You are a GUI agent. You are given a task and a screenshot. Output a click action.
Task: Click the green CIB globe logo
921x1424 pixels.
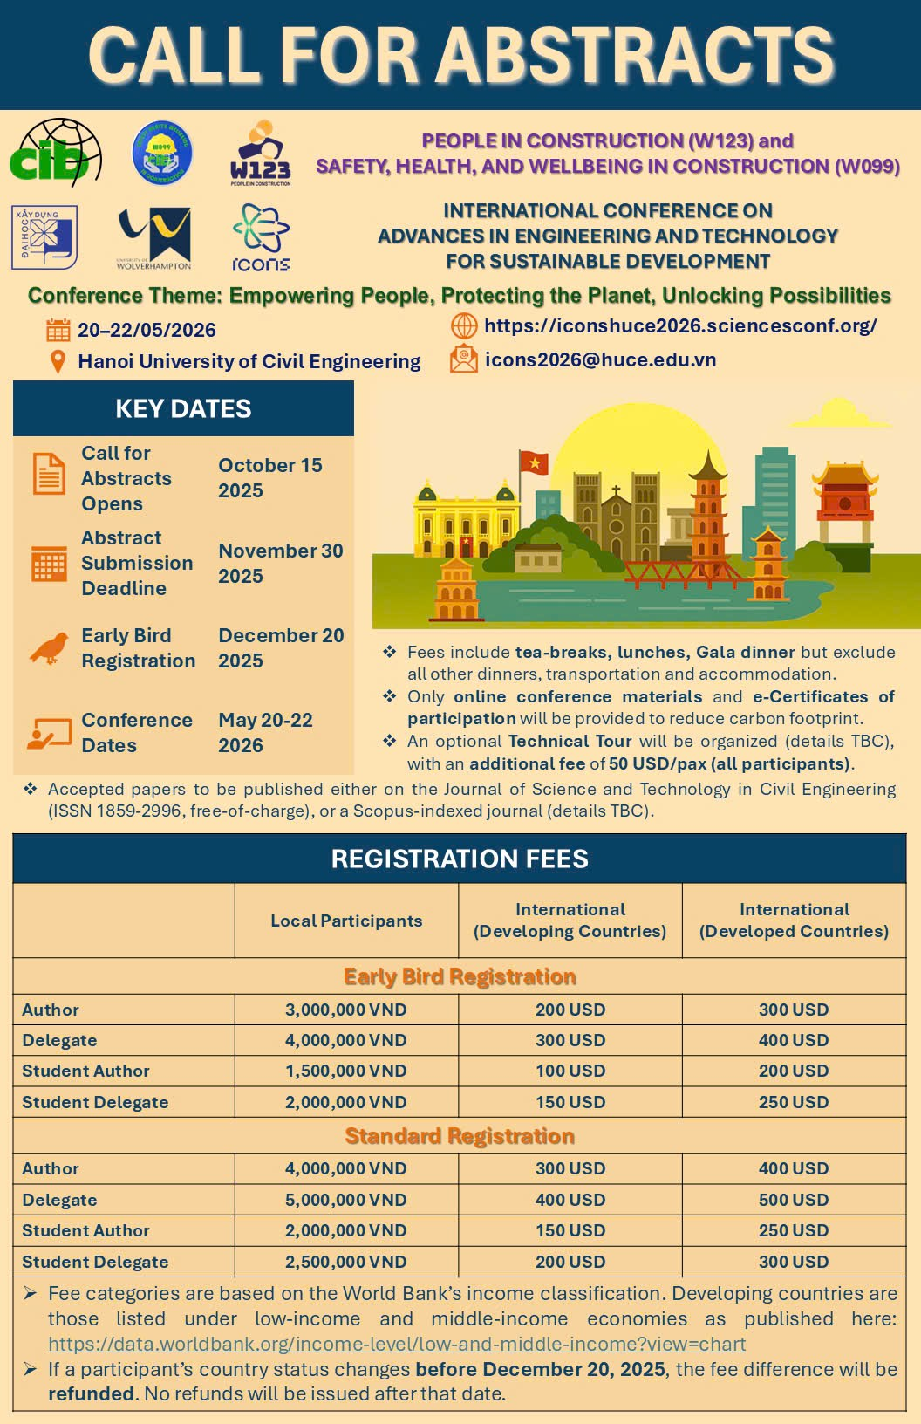(x=55, y=154)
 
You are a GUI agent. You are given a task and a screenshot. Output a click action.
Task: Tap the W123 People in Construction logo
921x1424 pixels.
(x=260, y=154)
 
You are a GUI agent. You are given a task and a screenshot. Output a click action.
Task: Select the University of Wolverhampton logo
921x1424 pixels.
(x=154, y=237)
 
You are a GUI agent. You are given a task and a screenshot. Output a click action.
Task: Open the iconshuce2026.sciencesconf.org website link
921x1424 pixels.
(x=680, y=326)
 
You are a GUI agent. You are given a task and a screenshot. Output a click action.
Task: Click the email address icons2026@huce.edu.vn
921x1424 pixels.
(x=600, y=359)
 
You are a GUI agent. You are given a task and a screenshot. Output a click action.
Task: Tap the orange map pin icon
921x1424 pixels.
(x=58, y=361)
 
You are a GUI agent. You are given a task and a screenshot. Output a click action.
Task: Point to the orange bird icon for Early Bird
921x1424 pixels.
(x=49, y=648)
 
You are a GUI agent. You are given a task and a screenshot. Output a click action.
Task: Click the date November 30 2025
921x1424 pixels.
(x=280, y=563)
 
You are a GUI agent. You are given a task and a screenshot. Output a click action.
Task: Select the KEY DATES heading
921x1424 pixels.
(x=183, y=408)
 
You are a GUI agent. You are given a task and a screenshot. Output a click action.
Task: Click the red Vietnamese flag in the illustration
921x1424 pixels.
(x=533, y=462)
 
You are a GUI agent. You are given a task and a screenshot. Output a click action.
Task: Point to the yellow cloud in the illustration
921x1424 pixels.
(x=841, y=413)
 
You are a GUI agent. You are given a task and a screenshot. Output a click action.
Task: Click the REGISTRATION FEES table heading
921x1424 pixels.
(x=460, y=859)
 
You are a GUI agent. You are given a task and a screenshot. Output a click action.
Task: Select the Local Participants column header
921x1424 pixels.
(x=346, y=921)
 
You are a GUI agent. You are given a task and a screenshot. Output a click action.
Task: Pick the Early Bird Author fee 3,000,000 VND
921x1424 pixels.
(x=346, y=1010)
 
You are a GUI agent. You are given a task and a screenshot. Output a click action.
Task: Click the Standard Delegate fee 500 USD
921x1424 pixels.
(x=794, y=1200)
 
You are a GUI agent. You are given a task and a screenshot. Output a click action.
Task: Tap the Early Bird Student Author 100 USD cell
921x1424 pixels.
(x=570, y=1071)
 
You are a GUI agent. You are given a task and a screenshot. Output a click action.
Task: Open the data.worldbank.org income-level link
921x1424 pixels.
(x=397, y=1344)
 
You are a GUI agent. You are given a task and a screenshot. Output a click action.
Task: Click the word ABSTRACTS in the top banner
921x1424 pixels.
(x=636, y=54)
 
